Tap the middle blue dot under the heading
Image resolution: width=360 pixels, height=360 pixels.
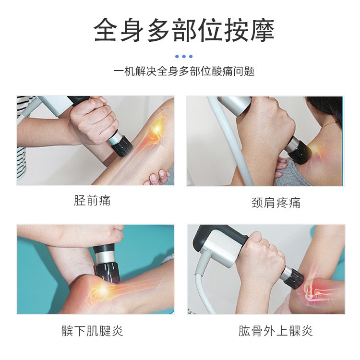coord(184,56)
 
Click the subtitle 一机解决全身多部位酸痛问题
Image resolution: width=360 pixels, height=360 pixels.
coord(184,72)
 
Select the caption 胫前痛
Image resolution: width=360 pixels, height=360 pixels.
coord(92,200)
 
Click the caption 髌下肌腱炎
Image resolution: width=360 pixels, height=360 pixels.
coord(92,331)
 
